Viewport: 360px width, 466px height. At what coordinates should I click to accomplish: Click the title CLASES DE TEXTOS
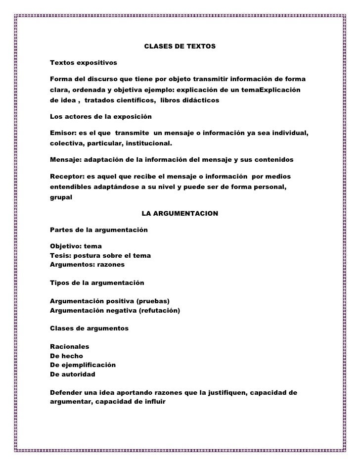pyautogui.click(x=180, y=47)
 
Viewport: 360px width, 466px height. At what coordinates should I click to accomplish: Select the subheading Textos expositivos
pyautogui.click(x=84, y=63)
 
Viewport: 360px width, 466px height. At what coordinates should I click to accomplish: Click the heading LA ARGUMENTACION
pyautogui.click(x=180, y=214)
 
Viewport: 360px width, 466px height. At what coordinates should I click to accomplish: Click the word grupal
pyautogui.click(x=61, y=196)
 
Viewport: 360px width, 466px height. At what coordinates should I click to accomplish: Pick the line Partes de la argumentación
pyautogui.click(x=99, y=230)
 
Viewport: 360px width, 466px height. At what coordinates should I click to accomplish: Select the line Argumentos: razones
pyautogui.click(x=88, y=265)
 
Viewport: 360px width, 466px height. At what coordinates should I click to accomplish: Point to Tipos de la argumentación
pyautogui.click(x=97, y=283)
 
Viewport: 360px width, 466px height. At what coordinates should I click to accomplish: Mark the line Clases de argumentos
pyautogui.click(x=90, y=328)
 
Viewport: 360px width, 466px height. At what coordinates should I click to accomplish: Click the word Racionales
pyautogui.click(x=70, y=346)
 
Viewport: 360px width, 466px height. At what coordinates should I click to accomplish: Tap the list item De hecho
pyautogui.click(x=66, y=356)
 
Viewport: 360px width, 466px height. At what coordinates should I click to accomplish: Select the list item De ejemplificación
pyautogui.click(x=83, y=365)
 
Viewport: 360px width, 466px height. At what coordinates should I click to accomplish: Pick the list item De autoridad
pyautogui.click(x=73, y=374)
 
